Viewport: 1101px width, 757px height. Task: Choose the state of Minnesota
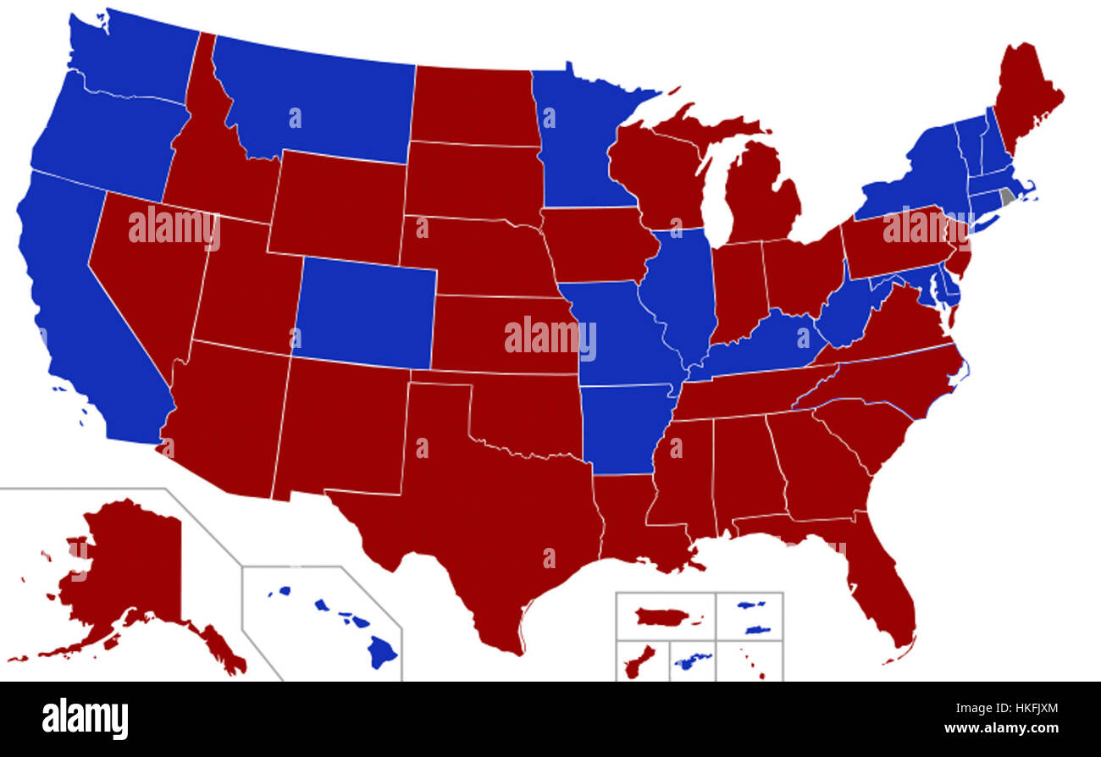click(576, 144)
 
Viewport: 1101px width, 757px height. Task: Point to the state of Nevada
click(144, 271)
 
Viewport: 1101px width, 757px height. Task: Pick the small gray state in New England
click(1007, 197)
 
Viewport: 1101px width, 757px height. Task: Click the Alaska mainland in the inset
click(127, 567)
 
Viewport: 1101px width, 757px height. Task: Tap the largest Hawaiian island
click(382, 652)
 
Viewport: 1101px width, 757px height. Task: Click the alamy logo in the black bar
click(85, 719)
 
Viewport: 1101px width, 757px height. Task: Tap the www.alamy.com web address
click(1001, 728)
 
